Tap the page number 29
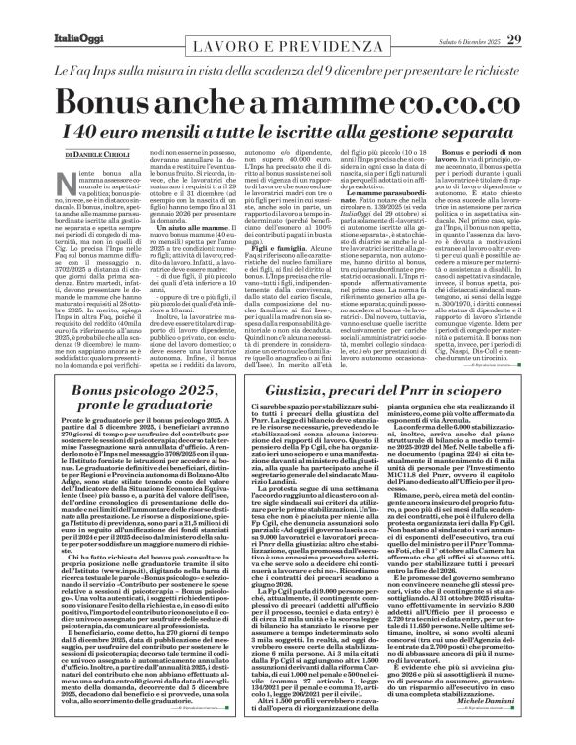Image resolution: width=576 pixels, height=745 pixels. pos(543,12)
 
